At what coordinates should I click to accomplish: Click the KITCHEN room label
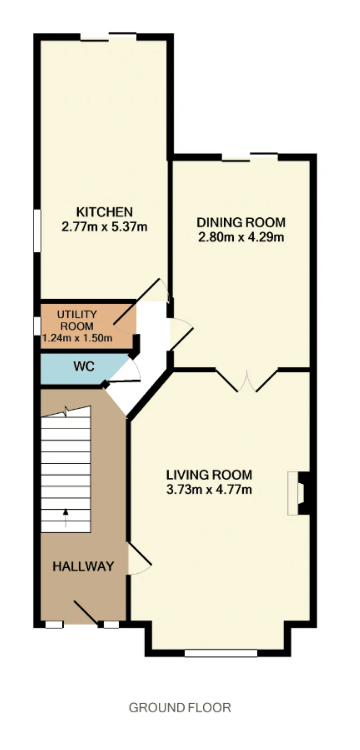(104, 212)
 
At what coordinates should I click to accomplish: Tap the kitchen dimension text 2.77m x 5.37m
(104, 226)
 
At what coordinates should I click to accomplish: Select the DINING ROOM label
(241, 223)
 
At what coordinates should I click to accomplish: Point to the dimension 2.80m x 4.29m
(241, 237)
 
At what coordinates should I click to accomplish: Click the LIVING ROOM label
(209, 475)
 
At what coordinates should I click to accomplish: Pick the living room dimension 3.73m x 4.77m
(209, 489)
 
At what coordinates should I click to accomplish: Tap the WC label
(84, 367)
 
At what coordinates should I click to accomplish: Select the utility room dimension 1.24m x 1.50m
(77, 338)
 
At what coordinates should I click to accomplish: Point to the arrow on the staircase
(66, 518)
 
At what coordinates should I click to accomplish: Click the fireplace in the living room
(298, 493)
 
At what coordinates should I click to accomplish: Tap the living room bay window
(221, 653)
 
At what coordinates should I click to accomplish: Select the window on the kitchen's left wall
(37, 231)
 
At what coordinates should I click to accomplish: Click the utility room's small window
(37, 326)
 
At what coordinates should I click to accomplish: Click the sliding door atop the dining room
(250, 157)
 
